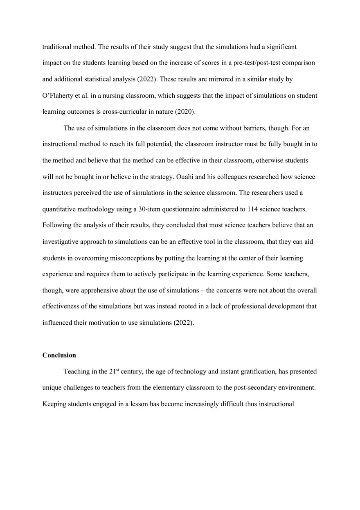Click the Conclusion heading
click(x=59, y=355)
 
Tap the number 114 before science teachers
click(x=253, y=209)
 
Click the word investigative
click(x=62, y=241)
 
